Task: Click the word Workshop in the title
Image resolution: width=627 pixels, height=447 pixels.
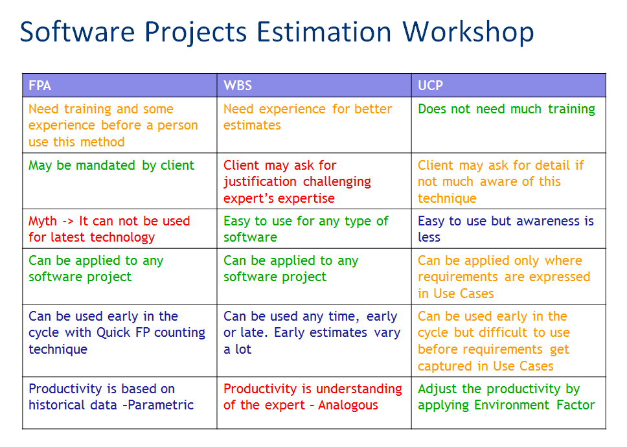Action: tap(468, 32)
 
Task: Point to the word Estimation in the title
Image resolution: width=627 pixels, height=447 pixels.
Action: tap(324, 32)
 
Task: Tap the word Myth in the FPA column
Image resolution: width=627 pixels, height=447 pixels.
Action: tap(43, 221)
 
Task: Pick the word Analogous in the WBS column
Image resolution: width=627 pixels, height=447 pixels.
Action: tap(348, 405)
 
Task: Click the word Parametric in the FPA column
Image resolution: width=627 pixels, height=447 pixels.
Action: tap(161, 405)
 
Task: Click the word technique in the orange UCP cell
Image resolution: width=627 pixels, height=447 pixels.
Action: tap(447, 198)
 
